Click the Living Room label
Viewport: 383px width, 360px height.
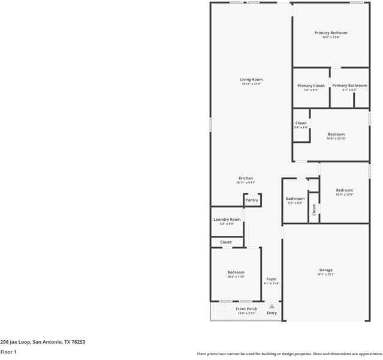[x=252, y=79]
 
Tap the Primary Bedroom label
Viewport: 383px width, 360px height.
[x=331, y=32]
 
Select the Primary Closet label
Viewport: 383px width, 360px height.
[x=310, y=86]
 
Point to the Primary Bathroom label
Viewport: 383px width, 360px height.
[x=349, y=86]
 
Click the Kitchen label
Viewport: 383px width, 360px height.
[x=246, y=178]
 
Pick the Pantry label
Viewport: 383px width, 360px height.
[x=252, y=200]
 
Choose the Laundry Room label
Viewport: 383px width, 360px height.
[x=227, y=220]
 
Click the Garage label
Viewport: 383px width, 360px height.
[x=325, y=270]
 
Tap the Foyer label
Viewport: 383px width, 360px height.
[x=272, y=279]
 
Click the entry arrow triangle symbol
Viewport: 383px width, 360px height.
[x=272, y=306]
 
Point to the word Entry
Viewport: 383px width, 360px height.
[x=272, y=313]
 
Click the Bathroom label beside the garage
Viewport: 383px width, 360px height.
[x=295, y=199]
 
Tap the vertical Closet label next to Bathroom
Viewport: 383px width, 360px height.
[x=313, y=209]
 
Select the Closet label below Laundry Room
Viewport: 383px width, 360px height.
[x=226, y=242]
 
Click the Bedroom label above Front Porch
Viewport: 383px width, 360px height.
[x=236, y=272]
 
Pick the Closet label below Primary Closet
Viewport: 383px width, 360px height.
[x=301, y=123]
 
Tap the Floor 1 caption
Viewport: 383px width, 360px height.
[x=8, y=352]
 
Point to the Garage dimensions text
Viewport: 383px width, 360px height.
[x=325, y=275]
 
